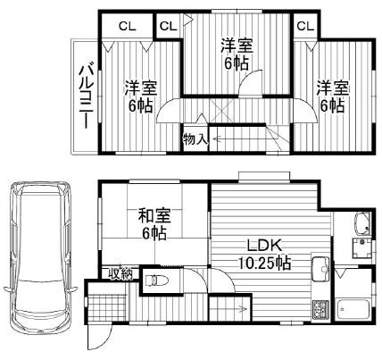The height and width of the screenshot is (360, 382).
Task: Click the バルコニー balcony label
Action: [87, 96]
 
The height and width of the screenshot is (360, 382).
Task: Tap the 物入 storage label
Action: [195, 139]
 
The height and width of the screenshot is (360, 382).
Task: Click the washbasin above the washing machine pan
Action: [362, 224]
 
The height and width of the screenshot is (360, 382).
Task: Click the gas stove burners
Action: [319, 309]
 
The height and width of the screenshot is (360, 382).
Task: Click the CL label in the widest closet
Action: [126, 26]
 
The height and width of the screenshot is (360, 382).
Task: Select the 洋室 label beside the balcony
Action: [140, 88]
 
